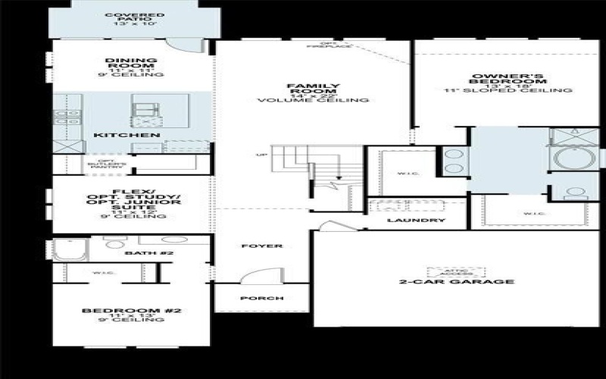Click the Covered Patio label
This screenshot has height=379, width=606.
pyautogui.click(x=125, y=19)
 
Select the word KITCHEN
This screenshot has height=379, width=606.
pyautogui.click(x=127, y=136)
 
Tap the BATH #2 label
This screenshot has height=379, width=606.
pyautogui.click(x=139, y=252)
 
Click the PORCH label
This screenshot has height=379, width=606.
pyautogui.click(x=261, y=299)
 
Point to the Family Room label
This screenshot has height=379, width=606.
pyautogui.click(x=312, y=93)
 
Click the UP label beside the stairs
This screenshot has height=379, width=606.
pyautogui.click(x=262, y=156)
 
